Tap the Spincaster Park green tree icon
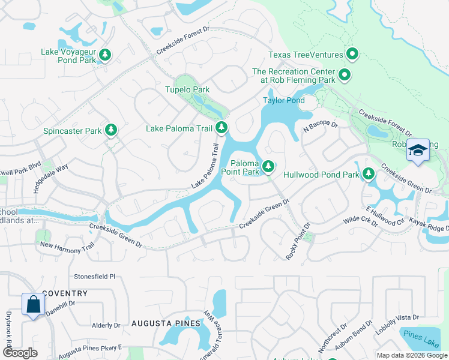[x=110, y=130]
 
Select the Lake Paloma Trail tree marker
[x=221, y=127]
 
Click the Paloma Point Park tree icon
[x=268, y=165]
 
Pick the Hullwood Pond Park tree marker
[x=369, y=175]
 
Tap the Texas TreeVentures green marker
[x=352, y=55]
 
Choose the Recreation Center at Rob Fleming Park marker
[x=345, y=75]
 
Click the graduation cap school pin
[x=418, y=151]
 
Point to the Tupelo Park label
[x=187, y=89]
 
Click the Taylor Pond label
[x=284, y=100]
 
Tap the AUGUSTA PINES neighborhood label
[x=158, y=323]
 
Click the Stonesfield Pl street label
[x=94, y=277]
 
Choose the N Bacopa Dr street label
[x=321, y=127]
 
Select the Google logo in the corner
[x=20, y=353]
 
